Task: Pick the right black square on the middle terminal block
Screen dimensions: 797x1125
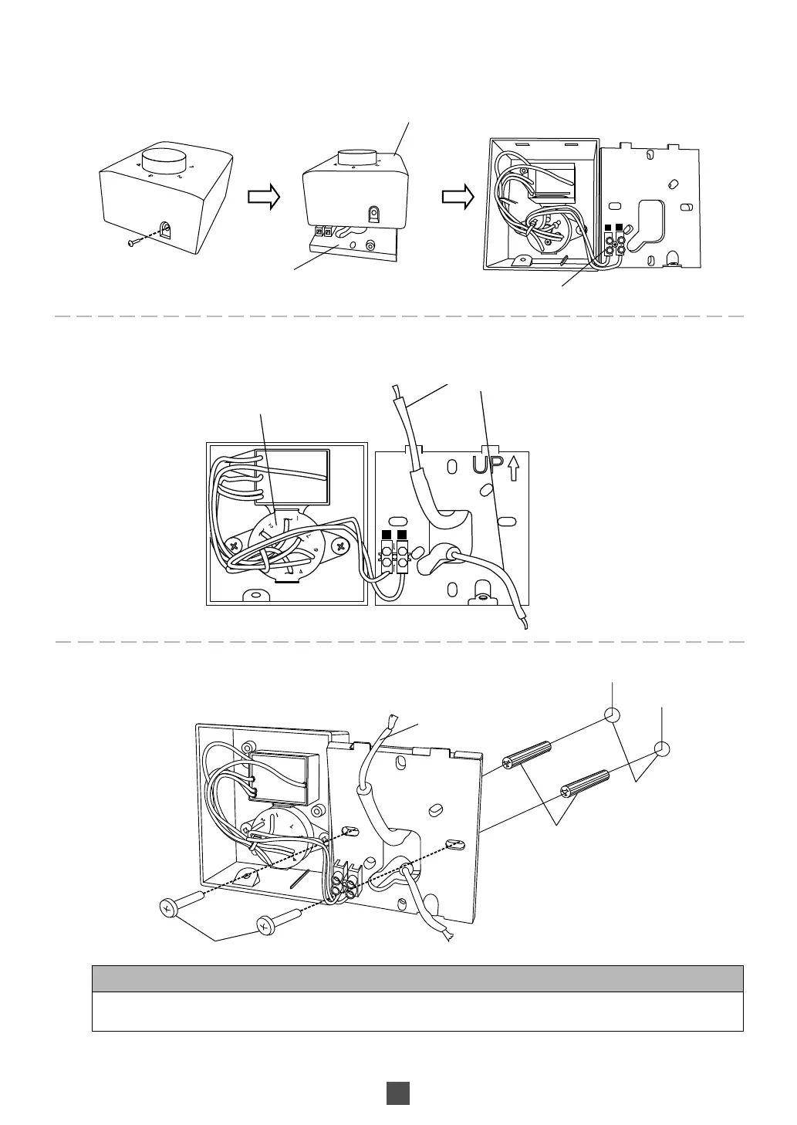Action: pyautogui.click(x=402, y=535)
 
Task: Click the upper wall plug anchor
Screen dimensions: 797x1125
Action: pyautogui.click(x=528, y=753)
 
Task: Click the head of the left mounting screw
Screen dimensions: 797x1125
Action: pyautogui.click(x=169, y=908)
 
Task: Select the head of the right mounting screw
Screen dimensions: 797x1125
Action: pyautogui.click(x=265, y=925)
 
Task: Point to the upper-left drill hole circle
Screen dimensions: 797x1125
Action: pyautogui.click(x=613, y=715)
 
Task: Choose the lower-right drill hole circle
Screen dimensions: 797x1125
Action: pyautogui.click(x=661, y=748)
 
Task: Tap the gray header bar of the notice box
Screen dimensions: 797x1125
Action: pyautogui.click(x=417, y=978)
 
